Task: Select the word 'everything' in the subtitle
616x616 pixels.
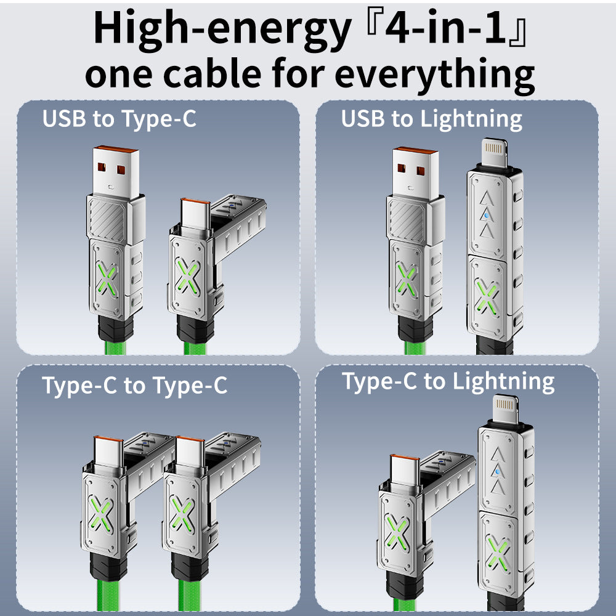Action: coord(434,75)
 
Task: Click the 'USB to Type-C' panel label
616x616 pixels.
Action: coord(120,119)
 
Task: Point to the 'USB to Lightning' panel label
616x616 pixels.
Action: coord(431,119)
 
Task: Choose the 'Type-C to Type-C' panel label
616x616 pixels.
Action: coord(135,386)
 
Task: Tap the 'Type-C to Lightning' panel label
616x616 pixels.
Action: coord(448,382)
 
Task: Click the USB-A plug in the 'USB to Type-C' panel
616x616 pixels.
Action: coord(116,172)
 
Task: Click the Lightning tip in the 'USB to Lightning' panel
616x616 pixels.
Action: coord(494,152)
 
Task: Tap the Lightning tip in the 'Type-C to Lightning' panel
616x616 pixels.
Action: coord(505,409)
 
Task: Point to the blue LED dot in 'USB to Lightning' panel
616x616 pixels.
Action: coord(487,216)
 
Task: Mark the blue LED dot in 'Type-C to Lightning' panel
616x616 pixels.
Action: coord(498,471)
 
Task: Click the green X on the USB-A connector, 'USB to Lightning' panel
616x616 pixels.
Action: coord(407,279)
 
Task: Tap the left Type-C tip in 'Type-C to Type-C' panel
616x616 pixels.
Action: coord(108,452)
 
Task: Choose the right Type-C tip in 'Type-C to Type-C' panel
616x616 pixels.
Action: coord(190,452)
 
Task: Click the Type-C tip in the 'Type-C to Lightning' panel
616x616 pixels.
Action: coord(405,470)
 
